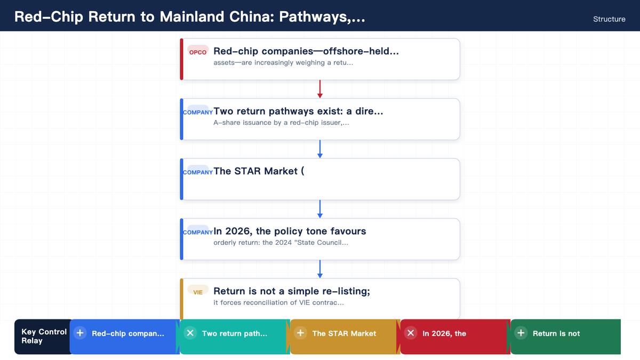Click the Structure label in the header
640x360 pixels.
point(609,19)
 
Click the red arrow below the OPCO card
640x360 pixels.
point(319,89)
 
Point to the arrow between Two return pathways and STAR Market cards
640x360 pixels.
point(319,149)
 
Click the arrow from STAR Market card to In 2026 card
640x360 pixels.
point(319,209)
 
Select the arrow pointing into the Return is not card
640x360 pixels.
point(319,269)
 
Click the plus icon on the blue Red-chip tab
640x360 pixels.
point(80,333)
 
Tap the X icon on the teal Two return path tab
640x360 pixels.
point(190,333)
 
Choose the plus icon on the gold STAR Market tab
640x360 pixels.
point(301,333)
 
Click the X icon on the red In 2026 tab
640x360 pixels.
point(411,333)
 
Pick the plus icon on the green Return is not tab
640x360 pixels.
point(521,333)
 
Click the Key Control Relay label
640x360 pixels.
point(44,337)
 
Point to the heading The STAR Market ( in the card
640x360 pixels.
point(259,171)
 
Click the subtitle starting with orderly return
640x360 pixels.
point(281,243)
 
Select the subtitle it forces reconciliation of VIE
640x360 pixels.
point(278,302)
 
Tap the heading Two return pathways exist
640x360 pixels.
point(298,111)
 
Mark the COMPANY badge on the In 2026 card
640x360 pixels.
point(198,233)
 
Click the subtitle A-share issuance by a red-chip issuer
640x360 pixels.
point(281,123)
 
